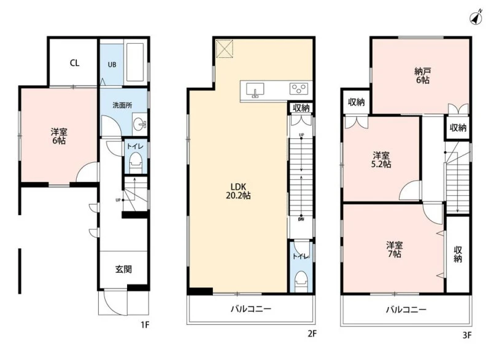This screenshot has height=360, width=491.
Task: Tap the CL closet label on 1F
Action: pos(74,63)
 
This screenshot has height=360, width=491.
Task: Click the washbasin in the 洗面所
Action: pos(140,125)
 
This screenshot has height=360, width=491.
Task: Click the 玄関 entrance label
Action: pos(123,269)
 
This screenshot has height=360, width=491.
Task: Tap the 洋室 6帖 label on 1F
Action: pos(59,136)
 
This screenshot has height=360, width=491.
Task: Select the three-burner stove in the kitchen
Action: pos(299,88)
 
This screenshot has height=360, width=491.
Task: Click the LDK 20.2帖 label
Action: pos(238,191)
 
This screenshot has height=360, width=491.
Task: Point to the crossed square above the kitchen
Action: pos(225,49)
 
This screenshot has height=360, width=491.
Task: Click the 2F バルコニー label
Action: pos(251,309)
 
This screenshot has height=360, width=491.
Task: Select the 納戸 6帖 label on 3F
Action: pos(422,76)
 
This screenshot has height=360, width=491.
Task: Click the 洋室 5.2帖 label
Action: pos(381,160)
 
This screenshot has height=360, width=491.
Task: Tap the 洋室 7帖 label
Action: pos(394,249)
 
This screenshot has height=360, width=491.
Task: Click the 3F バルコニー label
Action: pos(406,310)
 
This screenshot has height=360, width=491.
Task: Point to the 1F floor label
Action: pos(145,325)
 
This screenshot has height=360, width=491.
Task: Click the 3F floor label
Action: pos(467,335)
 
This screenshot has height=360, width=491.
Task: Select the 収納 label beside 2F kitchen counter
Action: pos(301,108)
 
